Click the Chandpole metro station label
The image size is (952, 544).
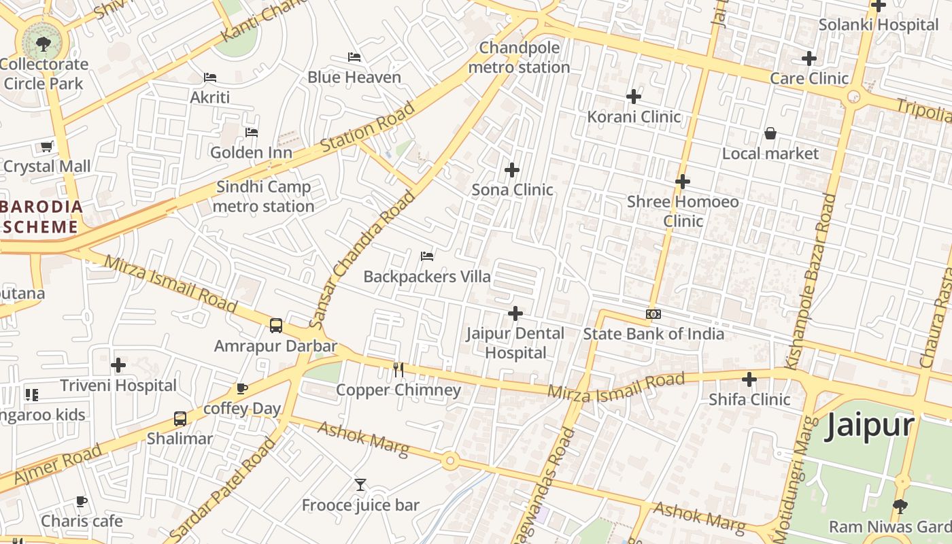[519, 58]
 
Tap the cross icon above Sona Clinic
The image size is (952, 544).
[512, 170]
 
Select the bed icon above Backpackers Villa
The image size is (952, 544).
[427, 256]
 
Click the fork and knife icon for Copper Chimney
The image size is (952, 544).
[398, 370]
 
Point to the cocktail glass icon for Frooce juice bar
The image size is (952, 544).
[360, 485]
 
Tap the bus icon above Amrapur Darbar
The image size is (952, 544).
[276, 326]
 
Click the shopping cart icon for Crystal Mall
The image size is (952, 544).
[47, 146]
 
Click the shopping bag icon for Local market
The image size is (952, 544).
[770, 133]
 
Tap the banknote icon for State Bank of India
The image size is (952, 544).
[653, 314]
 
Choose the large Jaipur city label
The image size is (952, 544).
[870, 426]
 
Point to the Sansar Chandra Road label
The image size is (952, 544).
[362, 259]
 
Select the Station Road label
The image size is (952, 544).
[367, 127]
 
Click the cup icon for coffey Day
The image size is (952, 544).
[241, 388]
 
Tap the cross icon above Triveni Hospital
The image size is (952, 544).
[118, 365]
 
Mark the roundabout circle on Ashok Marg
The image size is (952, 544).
[449, 462]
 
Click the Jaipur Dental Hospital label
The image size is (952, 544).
[515, 343]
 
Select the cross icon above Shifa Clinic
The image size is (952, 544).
[749, 379]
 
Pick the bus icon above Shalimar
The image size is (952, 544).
[180, 419]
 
